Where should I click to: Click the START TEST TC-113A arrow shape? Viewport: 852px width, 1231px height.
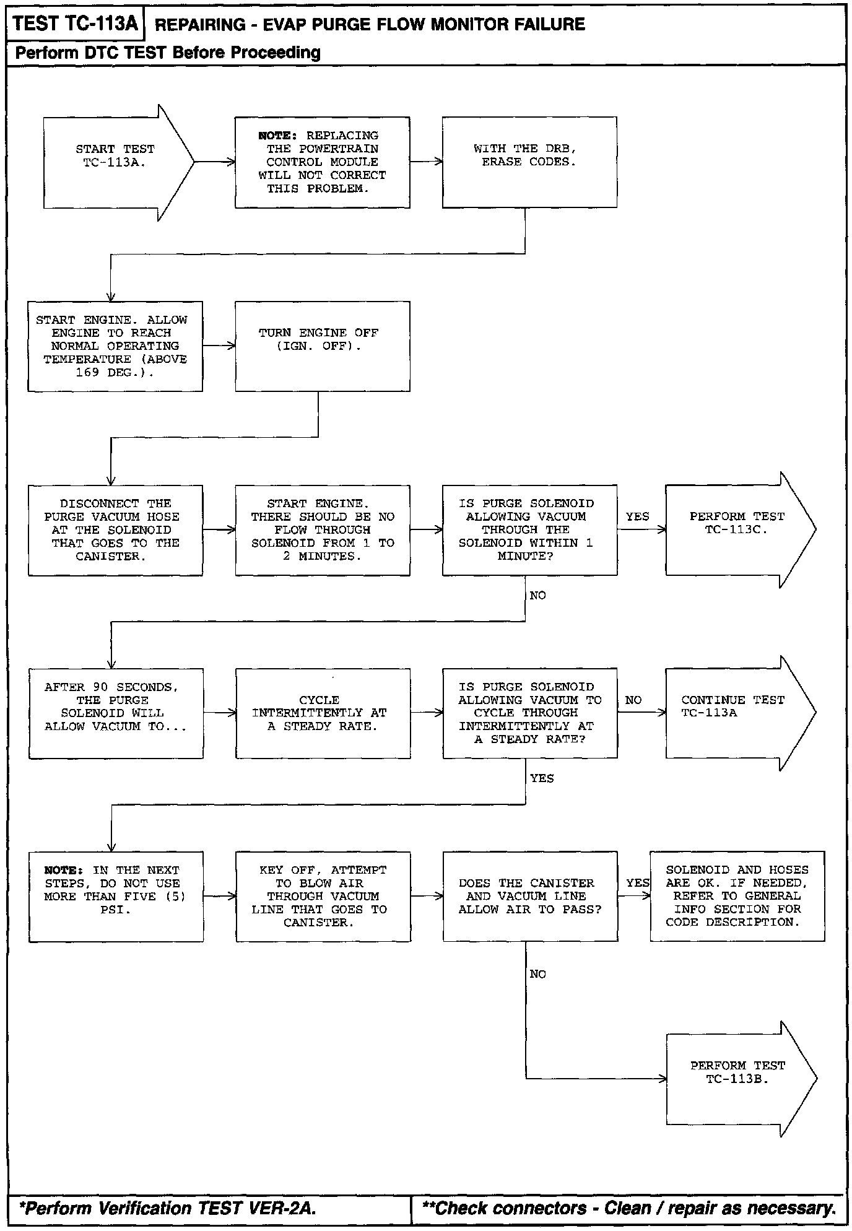coord(115,162)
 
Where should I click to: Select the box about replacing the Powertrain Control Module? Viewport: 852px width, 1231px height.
coord(322,162)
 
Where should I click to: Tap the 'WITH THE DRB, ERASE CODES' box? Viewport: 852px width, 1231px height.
coord(529,162)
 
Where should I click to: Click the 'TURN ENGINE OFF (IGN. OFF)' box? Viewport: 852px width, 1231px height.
coord(322,346)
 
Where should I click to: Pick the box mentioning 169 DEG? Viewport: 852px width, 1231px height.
coord(115,346)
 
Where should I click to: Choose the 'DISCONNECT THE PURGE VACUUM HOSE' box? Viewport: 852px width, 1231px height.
coord(115,530)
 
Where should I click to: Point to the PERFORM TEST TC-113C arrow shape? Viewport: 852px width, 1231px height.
coord(736,530)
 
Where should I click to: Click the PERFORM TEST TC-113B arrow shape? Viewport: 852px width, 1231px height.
coord(737,1078)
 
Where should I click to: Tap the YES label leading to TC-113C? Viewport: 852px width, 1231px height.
coord(637,516)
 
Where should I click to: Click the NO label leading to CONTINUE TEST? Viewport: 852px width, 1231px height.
coord(633,700)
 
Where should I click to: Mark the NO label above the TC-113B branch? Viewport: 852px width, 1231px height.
coord(537,974)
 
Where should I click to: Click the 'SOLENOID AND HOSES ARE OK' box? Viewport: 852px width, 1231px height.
coord(737,896)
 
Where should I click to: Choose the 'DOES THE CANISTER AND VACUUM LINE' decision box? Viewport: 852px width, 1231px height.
coord(530,896)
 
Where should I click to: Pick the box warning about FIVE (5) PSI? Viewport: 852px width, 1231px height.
coord(116,896)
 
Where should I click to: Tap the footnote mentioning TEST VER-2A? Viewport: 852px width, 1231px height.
coord(167,1208)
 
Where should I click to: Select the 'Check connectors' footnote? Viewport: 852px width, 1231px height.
coord(628,1208)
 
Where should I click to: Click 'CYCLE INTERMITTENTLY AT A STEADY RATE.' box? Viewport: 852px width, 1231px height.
coord(323,713)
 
